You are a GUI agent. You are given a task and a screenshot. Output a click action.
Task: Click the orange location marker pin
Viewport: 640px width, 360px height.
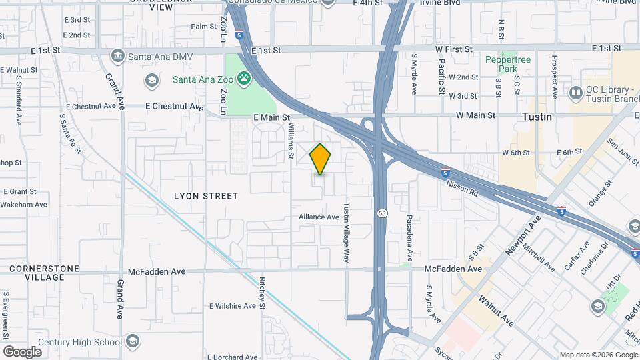[x=321, y=159]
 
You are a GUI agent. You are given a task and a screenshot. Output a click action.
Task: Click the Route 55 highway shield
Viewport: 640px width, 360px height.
[x=381, y=213]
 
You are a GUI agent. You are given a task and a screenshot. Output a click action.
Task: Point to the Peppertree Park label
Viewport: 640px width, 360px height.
[x=509, y=64]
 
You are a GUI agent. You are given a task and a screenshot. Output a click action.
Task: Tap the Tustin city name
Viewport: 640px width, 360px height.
[x=537, y=117]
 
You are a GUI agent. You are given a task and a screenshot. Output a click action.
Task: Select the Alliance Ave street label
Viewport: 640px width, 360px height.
[x=319, y=217]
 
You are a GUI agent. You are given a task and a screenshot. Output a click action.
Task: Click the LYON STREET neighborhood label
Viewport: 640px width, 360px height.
[x=205, y=196]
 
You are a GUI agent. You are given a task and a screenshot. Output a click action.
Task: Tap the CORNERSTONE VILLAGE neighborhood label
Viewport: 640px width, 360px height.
[x=44, y=273]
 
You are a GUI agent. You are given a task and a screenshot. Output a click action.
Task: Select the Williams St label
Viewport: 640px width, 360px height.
[x=291, y=139]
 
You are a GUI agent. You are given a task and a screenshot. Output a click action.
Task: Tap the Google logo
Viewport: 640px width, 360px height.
[x=22, y=351]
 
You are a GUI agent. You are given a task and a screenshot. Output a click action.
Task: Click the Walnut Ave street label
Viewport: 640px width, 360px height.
[x=495, y=307]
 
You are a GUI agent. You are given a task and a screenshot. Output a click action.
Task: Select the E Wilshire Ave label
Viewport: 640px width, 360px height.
[x=232, y=307]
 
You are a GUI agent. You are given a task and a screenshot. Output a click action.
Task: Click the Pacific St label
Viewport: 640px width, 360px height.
[x=441, y=75]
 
